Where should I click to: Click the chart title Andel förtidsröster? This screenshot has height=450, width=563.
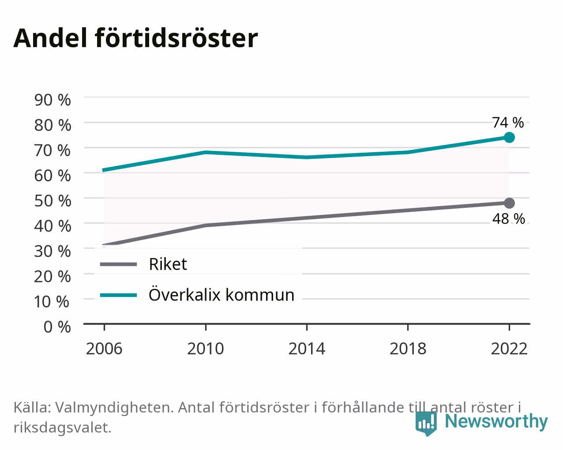(135, 38)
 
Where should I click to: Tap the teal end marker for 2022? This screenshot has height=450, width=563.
(509, 137)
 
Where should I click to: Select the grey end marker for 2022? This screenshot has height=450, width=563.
(509, 203)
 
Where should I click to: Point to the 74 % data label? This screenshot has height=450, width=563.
(508, 123)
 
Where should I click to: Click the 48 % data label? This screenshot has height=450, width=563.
(508, 219)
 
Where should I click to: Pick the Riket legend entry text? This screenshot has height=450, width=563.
(168, 264)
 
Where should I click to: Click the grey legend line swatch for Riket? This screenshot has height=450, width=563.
(118, 264)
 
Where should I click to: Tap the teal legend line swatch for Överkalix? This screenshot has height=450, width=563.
(118, 295)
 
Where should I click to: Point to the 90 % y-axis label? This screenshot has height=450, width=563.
(53, 100)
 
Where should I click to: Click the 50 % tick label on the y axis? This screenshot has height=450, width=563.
(53, 201)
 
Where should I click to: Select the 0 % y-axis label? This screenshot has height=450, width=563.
(57, 327)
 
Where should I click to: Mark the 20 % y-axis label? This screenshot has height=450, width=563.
(53, 277)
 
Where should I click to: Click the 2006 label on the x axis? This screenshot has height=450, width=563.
(104, 349)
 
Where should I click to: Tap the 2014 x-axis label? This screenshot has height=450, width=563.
(307, 349)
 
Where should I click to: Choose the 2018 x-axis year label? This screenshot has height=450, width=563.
(408, 349)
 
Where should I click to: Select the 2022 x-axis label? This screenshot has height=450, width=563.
(509, 349)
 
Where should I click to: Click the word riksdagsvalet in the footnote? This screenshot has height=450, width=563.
(63, 428)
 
